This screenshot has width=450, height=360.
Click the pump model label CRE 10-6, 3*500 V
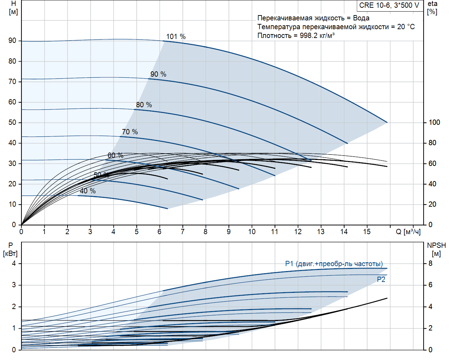[389, 5]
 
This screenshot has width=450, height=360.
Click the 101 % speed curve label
[176, 37]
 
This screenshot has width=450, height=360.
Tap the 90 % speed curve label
[158, 74]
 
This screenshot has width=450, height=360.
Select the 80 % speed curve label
[144, 105]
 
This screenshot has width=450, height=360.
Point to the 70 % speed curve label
[130, 132]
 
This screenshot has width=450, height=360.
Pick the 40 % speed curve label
[88, 191]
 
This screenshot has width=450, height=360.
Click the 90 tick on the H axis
[13, 41]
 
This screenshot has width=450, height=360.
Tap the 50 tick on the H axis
[13, 122]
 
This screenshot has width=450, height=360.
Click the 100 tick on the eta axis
[434, 122]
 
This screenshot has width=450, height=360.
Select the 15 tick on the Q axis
[367, 232]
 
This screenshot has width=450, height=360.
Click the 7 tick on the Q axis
[182, 232]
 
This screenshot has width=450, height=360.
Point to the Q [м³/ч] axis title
[408, 232]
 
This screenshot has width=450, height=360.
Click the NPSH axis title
[436, 249]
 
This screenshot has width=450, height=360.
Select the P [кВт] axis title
[10, 249]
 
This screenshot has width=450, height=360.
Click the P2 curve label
[381, 279]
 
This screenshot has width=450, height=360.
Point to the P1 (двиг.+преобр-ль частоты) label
[334, 264]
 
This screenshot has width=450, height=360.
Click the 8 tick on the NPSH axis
[430, 263]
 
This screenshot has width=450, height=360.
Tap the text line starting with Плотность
[296, 36]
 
